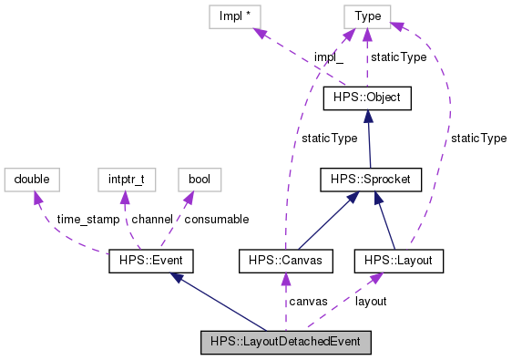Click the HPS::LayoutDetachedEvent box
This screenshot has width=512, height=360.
click(x=286, y=343)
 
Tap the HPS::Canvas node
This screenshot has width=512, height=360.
click(x=285, y=262)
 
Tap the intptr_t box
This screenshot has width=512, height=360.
click(x=123, y=179)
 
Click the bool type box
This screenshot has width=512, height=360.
click(x=200, y=179)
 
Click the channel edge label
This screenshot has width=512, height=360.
click(x=151, y=220)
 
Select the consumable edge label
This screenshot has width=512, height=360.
click(x=217, y=220)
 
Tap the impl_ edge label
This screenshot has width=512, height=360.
click(x=328, y=57)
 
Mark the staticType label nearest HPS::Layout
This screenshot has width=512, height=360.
click(x=478, y=139)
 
